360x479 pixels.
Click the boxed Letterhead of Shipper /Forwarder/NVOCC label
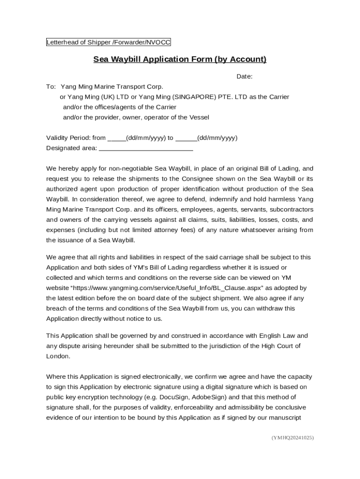point(108,43)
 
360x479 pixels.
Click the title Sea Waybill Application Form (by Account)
point(180,59)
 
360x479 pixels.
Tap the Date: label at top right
point(244,76)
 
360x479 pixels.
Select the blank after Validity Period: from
point(116,138)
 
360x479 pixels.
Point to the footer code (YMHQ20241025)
point(292,438)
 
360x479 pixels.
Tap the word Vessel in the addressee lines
point(199,117)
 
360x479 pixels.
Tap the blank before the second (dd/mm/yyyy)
point(186,138)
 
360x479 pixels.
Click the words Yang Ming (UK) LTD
point(98,97)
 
